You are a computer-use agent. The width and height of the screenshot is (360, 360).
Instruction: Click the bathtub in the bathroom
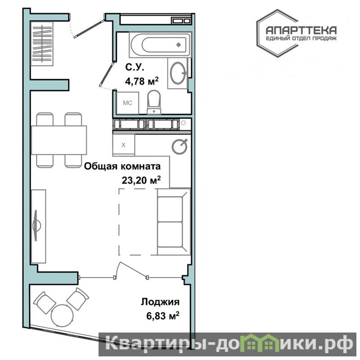pos(160,45)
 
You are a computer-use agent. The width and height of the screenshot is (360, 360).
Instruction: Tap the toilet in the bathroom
pos(154,102)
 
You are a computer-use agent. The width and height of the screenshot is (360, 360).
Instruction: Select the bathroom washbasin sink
pos(178,73)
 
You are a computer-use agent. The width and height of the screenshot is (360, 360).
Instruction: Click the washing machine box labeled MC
pos(128,103)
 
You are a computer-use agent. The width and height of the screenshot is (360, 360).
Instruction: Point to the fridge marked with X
pos(123,144)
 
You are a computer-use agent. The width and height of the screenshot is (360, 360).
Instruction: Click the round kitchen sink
pos(180,146)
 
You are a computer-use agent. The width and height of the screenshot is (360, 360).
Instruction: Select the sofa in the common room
pos(174,221)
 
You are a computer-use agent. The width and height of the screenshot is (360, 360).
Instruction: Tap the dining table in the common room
pos(59,140)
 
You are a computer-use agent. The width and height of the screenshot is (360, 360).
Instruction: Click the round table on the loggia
pos(62,315)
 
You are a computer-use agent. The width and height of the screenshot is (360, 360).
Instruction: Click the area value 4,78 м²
pos(142,81)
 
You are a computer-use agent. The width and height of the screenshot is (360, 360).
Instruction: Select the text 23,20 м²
pos(141,180)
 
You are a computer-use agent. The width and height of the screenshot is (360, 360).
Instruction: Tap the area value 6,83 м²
pos(163,316)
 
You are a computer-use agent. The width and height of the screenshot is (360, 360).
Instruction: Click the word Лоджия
pos(160,302)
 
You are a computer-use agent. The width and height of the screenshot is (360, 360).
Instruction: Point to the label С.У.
pos(135,67)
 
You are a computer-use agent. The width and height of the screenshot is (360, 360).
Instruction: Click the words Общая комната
pos(122,166)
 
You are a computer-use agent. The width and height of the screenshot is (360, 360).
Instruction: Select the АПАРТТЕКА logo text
pos(301,30)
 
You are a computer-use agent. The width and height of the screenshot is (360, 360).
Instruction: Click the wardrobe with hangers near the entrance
pos(42,44)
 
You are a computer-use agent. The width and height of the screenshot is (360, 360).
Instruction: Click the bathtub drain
pos(179,45)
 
